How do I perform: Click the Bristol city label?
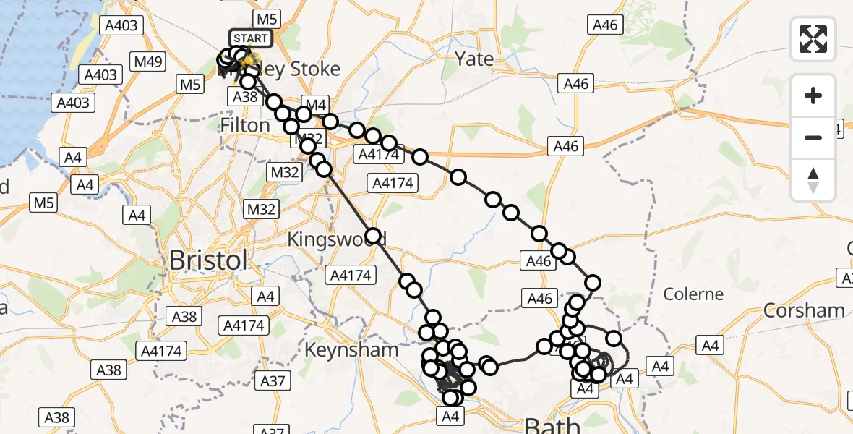click(x=208, y=260)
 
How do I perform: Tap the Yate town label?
click(x=474, y=59)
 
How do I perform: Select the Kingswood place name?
click(x=336, y=239)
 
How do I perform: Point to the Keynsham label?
click(x=351, y=349)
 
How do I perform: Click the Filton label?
click(x=244, y=125)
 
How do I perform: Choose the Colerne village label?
click(x=693, y=294)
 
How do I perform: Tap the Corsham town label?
click(x=804, y=310)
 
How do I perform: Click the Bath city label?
click(x=552, y=425)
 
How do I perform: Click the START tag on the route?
click(x=250, y=38)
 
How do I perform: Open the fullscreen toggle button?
click(x=813, y=39)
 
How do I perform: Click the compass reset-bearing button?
click(x=813, y=180)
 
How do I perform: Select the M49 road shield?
click(x=148, y=61)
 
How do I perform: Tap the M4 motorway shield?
click(x=316, y=104)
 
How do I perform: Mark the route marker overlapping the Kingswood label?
click(x=373, y=236)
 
